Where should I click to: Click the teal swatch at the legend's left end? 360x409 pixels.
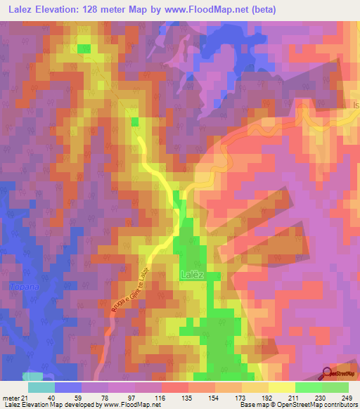click(41, 387)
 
